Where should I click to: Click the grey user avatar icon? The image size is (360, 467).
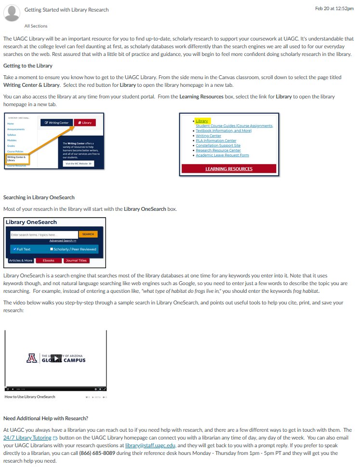coord(12,12)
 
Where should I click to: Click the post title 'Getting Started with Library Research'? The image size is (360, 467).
coord(67,10)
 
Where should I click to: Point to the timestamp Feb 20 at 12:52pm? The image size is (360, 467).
coord(334,8)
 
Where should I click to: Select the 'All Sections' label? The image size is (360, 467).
coord(36,26)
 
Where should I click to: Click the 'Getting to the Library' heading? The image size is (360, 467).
coord(28,66)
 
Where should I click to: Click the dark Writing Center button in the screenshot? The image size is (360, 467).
coord(56,123)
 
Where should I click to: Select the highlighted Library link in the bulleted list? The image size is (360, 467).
coord(202,121)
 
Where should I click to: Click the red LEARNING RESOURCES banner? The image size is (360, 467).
coord(228,169)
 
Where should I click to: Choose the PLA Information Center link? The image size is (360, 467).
coord(216,140)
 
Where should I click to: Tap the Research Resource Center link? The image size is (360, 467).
coord(218,150)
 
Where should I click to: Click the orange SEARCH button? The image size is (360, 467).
coord(88,234)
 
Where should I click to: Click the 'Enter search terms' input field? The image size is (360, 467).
coord(43,234)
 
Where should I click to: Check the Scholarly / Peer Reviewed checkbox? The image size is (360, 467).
coord(52,249)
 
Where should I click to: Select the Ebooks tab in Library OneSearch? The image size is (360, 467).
coord(49,261)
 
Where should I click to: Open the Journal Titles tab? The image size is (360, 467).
coord(76,261)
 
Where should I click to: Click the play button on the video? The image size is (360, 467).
coord(56,358)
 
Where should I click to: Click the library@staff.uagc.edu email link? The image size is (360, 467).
coord(149,445)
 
